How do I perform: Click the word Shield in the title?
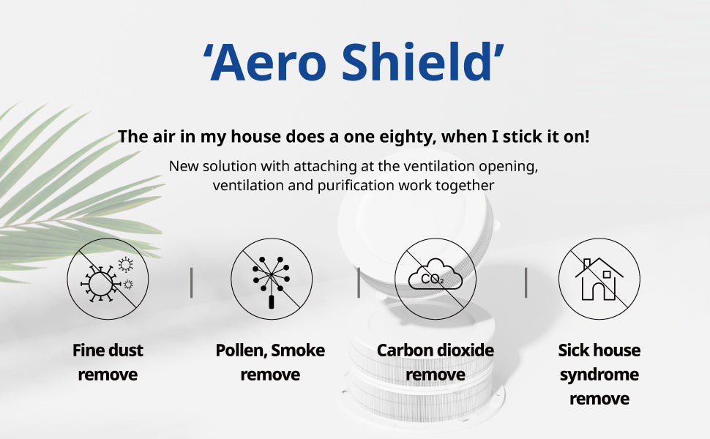417,61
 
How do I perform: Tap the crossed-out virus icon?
108,279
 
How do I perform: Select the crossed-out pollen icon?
272,279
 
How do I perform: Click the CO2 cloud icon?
436,279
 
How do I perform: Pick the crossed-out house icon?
599,279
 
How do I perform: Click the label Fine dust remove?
108,362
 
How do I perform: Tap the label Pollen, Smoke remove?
270,362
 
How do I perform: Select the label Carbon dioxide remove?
436,362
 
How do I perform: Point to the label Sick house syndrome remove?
599,375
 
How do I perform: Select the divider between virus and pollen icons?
192,282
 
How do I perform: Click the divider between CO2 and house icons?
526,282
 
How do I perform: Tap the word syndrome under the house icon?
599,375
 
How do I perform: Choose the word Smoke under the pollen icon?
298,350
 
